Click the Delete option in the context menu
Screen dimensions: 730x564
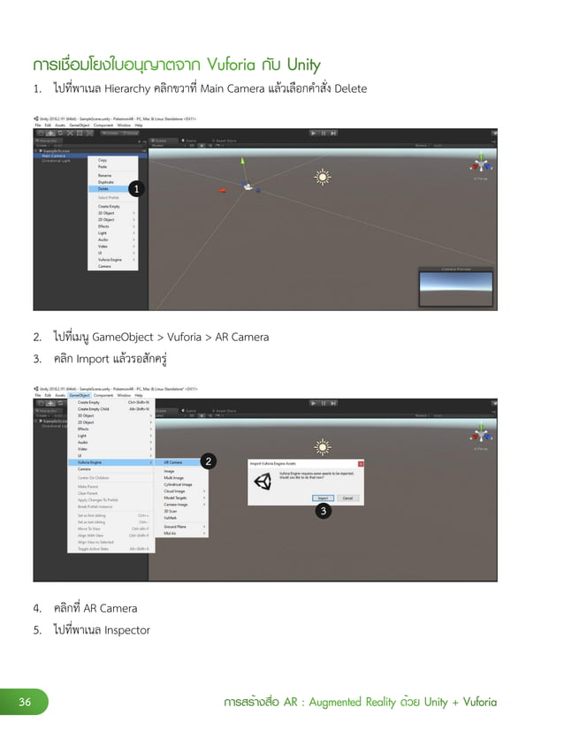(x=104, y=188)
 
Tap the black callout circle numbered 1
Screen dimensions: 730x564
(x=135, y=188)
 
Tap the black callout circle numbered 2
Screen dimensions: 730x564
(x=208, y=461)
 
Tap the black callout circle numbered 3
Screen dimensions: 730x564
(x=324, y=511)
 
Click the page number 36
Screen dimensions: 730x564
(x=26, y=703)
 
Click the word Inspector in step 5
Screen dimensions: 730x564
(x=125, y=630)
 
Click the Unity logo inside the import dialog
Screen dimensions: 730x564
(x=263, y=482)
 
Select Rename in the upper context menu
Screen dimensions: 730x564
(x=104, y=175)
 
